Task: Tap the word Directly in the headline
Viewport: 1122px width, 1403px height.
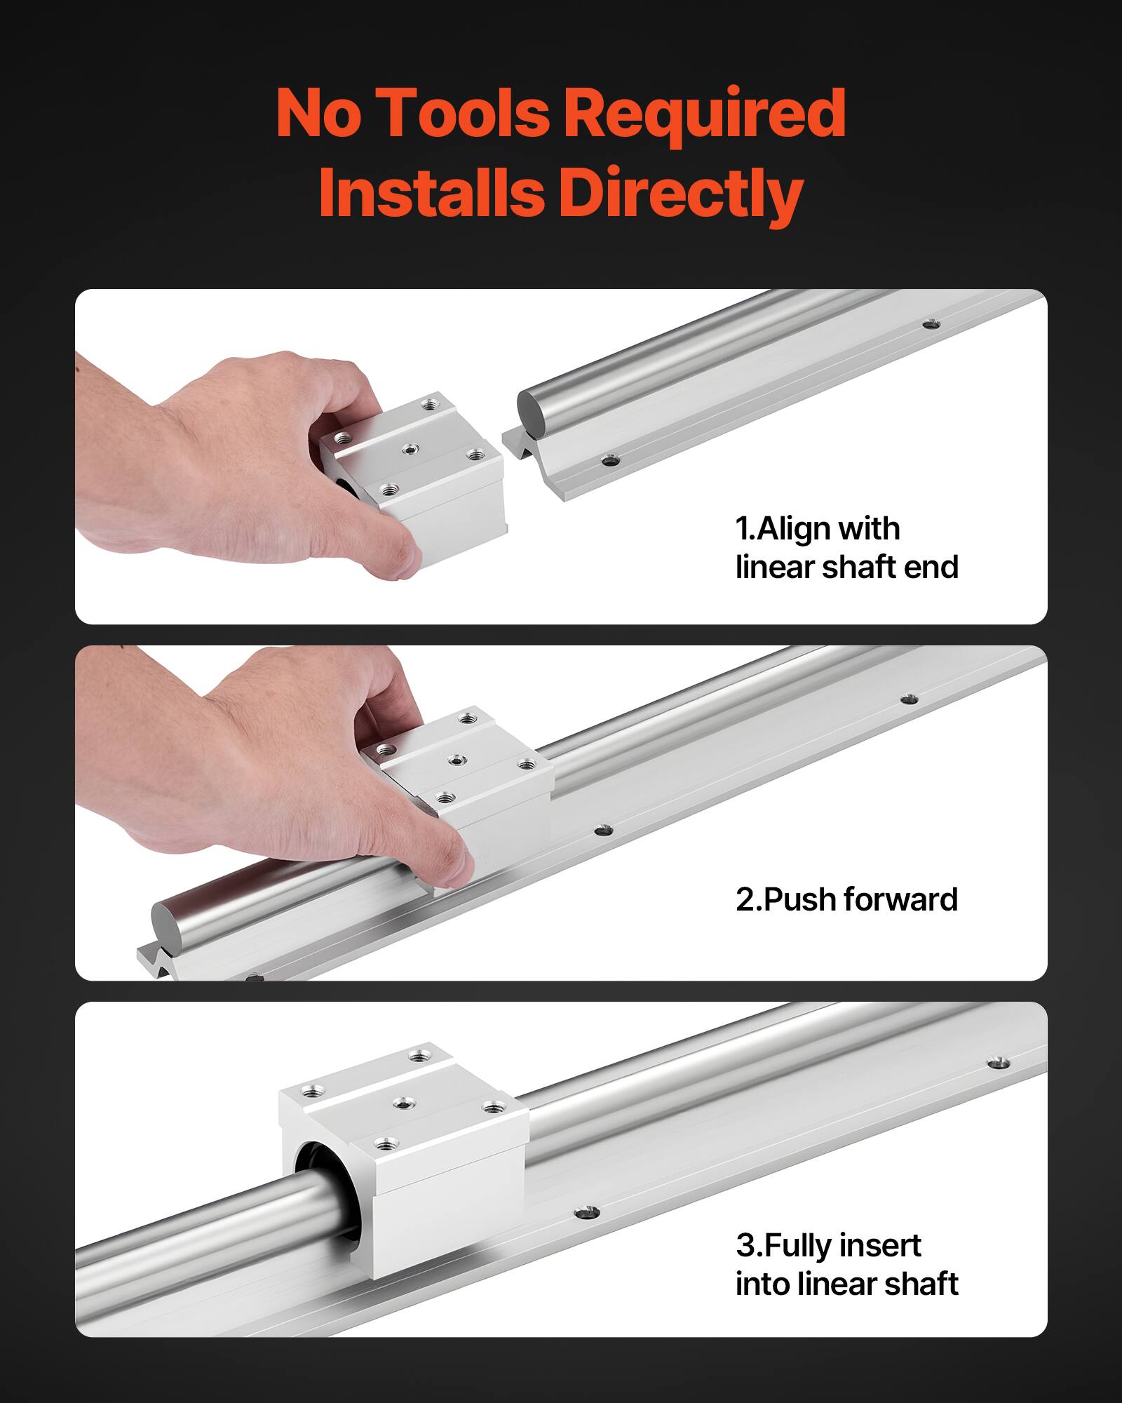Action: click(x=680, y=194)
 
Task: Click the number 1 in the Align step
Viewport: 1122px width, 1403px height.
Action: click(x=742, y=529)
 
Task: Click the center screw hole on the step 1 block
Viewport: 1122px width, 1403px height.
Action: click(x=409, y=448)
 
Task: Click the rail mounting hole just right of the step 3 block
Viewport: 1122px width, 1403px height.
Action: click(x=586, y=1212)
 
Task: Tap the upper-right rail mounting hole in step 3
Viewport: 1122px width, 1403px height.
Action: click(x=998, y=1063)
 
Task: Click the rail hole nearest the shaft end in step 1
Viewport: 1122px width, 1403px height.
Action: click(x=610, y=462)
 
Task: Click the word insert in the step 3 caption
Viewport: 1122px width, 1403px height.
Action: click(x=879, y=1245)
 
